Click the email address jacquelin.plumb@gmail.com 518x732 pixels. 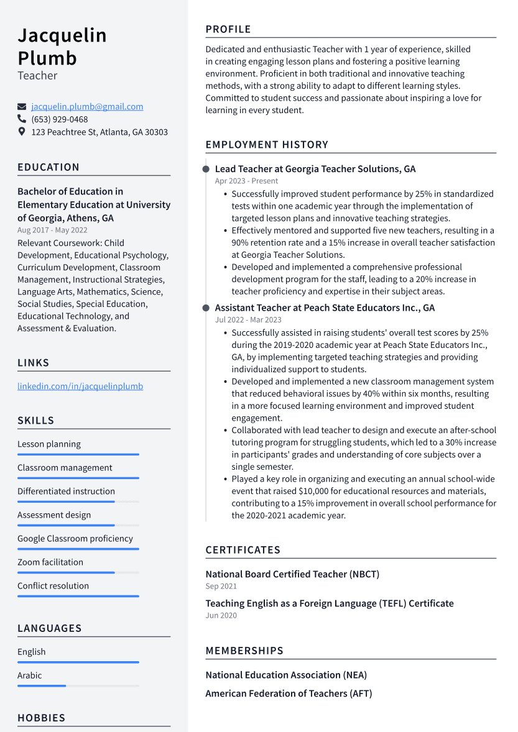click(87, 107)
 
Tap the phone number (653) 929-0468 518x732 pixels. click(60, 119)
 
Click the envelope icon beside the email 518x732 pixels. click(22, 107)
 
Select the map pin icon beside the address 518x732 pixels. click(22, 132)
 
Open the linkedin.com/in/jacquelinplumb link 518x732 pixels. click(80, 387)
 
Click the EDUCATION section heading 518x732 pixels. click(49, 167)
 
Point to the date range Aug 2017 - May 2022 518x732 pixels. click(52, 231)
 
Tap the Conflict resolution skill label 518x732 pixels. click(53, 586)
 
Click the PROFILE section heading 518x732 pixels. click(228, 29)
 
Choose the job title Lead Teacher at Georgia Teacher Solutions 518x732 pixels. click(315, 169)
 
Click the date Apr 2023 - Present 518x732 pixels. click(246, 181)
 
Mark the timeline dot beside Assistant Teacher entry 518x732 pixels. click(206, 308)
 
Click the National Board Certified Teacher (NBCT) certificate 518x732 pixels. click(292, 574)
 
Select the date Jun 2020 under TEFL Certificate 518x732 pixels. click(221, 616)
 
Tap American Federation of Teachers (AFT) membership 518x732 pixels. click(289, 693)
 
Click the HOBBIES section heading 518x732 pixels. click(41, 718)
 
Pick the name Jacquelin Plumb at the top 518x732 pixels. click(62, 47)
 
